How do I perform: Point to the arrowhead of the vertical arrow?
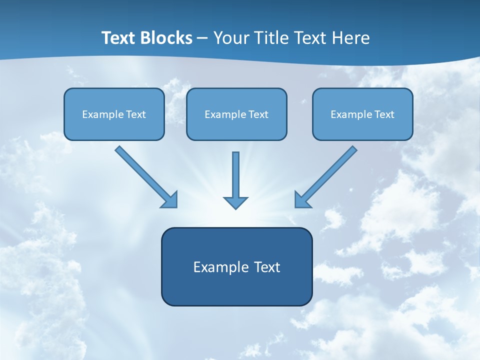(235, 202)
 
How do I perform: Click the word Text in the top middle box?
(258, 114)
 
